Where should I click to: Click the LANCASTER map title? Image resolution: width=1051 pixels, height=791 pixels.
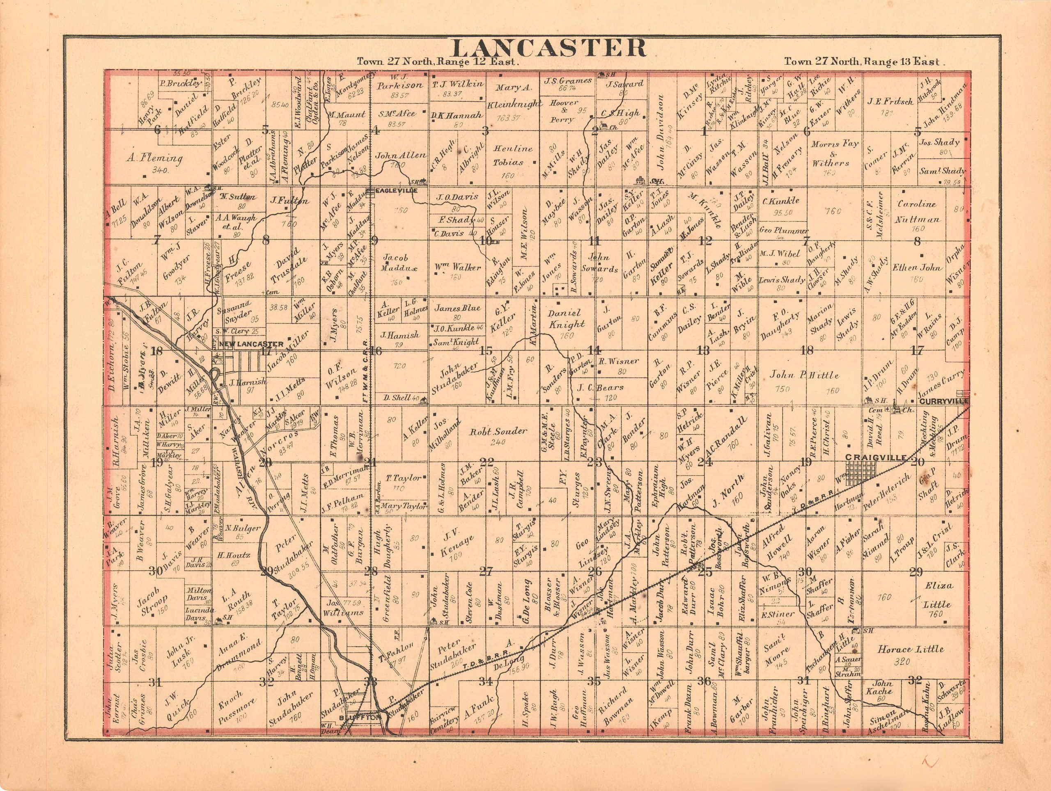point(383,48)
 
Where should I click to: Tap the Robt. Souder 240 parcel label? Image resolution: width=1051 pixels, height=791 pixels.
point(498,431)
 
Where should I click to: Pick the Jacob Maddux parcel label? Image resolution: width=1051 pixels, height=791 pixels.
point(396,263)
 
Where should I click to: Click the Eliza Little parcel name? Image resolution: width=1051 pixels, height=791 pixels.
point(936,595)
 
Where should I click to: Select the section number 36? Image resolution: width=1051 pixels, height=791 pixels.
point(704,681)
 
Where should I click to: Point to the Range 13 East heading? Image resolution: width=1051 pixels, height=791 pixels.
point(861,62)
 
